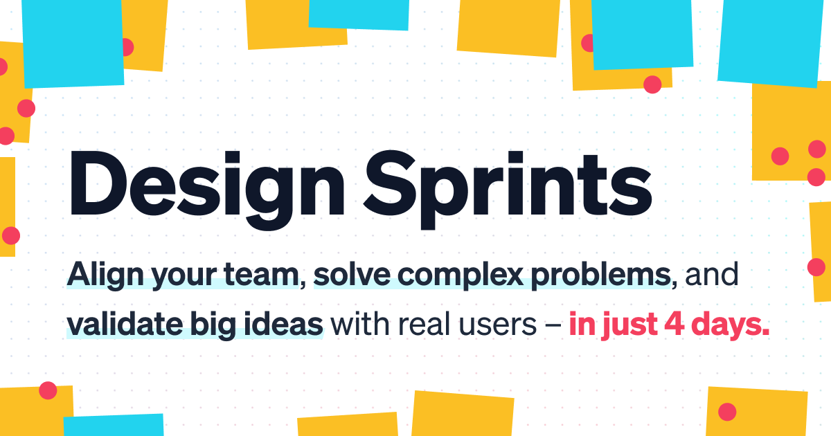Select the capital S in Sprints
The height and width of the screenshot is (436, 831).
point(389,183)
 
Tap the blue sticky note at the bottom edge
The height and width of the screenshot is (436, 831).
point(114,425)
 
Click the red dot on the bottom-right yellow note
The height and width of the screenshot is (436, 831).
point(727,412)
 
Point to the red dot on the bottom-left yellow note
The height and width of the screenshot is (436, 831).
point(48,390)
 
